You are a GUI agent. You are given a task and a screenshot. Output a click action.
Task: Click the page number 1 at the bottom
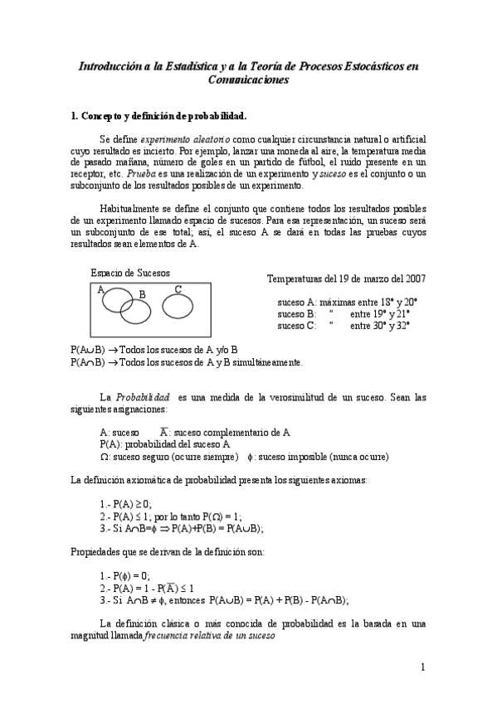422,667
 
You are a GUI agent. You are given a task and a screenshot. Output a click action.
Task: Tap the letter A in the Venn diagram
100,290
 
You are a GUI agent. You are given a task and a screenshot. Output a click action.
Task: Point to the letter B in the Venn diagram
142,294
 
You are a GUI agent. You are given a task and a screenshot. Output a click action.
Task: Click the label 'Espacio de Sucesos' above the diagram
129,273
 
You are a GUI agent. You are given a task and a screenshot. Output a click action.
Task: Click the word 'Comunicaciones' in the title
248,80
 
